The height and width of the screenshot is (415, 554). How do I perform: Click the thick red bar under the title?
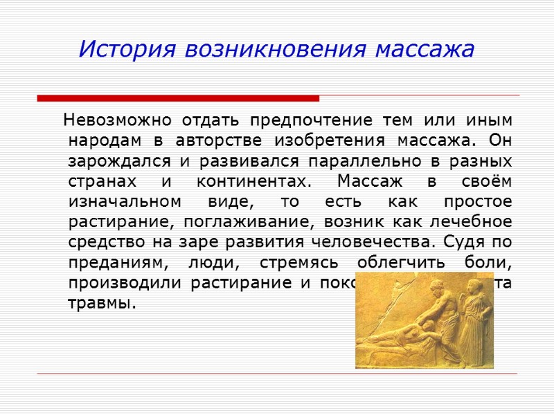click(178, 98)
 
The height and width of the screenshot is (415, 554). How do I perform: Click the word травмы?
click(100, 303)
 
